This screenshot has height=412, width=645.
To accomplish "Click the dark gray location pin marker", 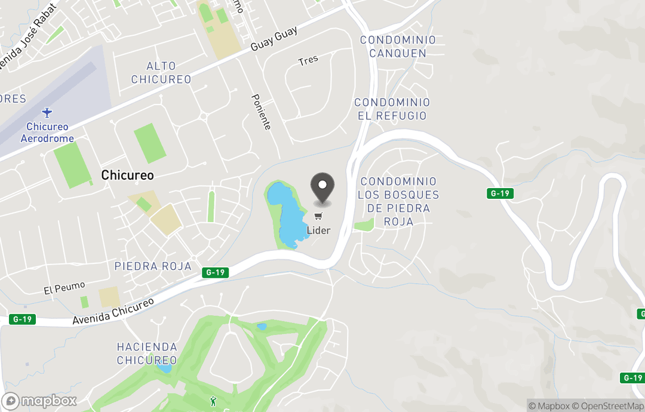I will [x=323, y=187].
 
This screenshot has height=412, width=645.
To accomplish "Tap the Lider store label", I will [x=318, y=230].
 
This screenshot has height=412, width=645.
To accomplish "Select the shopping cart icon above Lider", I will [x=318, y=216].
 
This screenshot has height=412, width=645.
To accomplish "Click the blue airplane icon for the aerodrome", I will [x=47, y=112].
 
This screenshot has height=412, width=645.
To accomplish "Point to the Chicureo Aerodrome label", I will [x=47, y=133].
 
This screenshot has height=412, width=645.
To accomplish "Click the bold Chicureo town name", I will [x=127, y=175].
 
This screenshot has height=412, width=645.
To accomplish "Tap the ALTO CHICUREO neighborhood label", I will [x=161, y=73].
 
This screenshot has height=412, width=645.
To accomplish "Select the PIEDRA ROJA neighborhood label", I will [x=153, y=266].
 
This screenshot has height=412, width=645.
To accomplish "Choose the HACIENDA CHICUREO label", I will [x=147, y=353].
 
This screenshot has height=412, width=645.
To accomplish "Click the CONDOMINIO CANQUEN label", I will [x=398, y=47].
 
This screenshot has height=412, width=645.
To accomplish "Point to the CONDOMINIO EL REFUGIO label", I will [x=392, y=109].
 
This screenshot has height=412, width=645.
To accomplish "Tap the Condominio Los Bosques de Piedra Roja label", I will [x=398, y=201].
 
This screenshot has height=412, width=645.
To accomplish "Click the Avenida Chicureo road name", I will [x=113, y=312].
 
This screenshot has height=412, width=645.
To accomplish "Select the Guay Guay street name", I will [x=274, y=39].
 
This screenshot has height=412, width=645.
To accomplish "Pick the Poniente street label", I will [x=261, y=112].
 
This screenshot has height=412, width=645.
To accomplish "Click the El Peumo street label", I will [x=64, y=288].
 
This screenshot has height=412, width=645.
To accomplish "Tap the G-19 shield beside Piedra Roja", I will [x=215, y=272].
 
